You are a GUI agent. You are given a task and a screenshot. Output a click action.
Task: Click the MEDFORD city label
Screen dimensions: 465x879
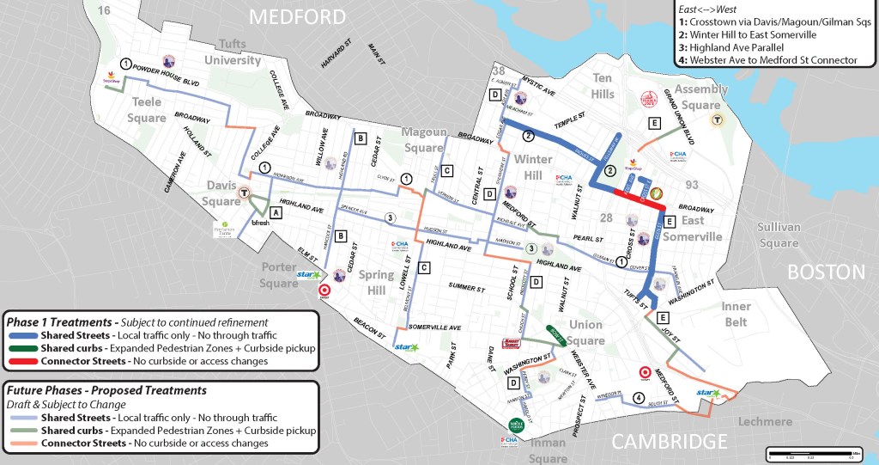coord(296,16)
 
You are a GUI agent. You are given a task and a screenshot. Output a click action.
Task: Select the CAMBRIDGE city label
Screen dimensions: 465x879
coord(670,442)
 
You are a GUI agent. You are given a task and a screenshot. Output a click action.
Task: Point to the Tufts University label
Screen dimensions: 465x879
coord(232,53)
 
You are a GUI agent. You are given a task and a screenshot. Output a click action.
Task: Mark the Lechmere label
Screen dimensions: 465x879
coord(765,421)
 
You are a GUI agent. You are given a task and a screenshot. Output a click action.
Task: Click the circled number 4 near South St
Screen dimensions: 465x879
coord(638,397)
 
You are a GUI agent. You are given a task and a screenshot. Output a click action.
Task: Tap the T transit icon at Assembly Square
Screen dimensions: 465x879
coord(715,119)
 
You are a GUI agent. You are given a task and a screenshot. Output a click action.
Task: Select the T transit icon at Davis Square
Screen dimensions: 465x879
coord(246,193)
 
